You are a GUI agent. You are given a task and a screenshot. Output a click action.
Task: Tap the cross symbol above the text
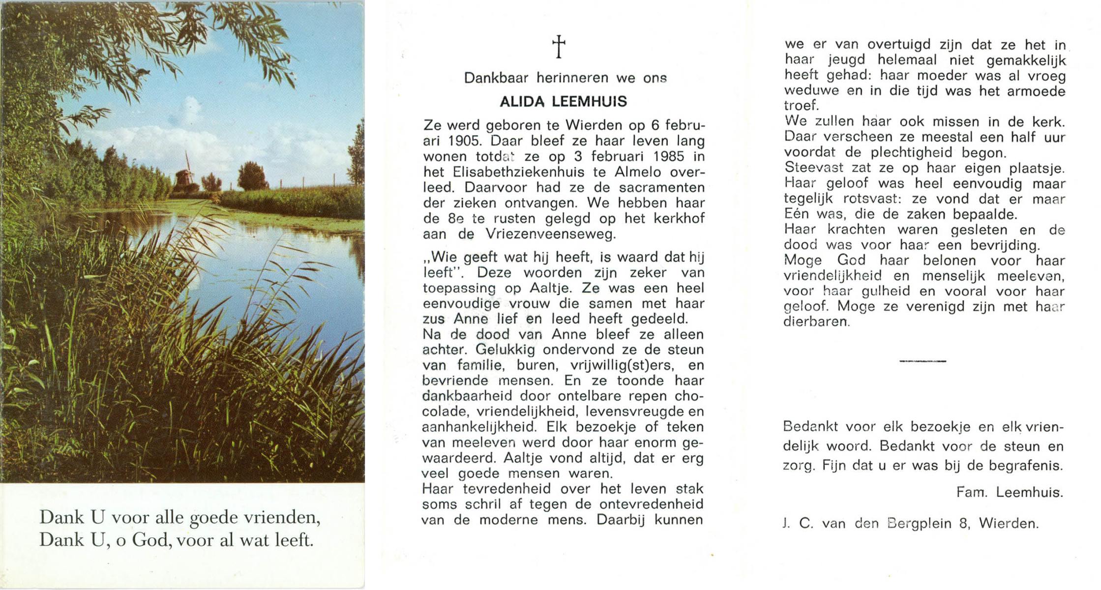pos(559,47)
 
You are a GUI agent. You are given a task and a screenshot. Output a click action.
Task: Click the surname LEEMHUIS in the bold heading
pos(589,102)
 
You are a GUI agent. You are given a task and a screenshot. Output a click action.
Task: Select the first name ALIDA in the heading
pos(523,102)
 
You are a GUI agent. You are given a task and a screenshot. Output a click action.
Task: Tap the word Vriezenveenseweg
pos(551,234)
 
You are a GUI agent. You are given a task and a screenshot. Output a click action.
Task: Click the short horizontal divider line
pos(922,361)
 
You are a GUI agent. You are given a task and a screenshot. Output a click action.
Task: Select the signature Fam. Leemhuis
pos(1010,493)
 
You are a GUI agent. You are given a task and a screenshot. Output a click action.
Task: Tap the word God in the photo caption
pos(149,540)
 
